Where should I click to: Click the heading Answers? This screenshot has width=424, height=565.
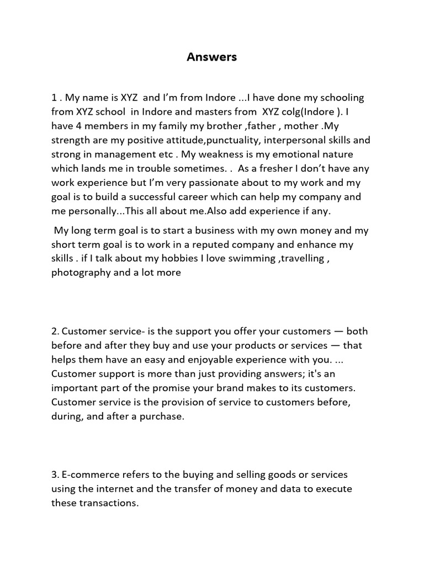click(x=211, y=57)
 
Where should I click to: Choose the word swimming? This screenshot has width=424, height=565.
click(x=250, y=258)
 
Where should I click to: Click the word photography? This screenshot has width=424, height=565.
click(x=81, y=273)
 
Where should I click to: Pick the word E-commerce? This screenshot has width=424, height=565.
click(x=89, y=475)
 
